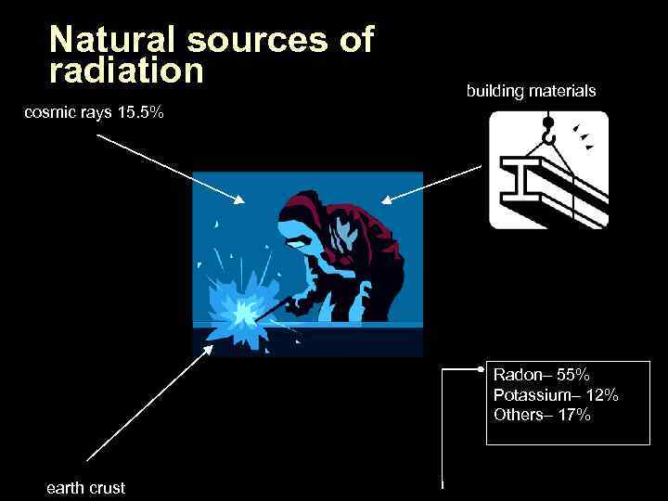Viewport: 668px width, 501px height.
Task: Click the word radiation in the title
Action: [126, 70]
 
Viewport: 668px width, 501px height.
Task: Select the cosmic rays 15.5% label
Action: [94, 113]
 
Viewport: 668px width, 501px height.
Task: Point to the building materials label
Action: [531, 91]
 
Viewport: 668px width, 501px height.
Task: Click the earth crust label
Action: [85, 488]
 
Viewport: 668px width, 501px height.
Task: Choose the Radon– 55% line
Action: [541, 375]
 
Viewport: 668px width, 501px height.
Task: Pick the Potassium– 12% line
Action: [556, 395]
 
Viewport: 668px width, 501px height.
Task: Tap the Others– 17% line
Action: [542, 415]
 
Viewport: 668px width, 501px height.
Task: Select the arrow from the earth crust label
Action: [148, 404]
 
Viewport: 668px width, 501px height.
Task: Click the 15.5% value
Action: [141, 113]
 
